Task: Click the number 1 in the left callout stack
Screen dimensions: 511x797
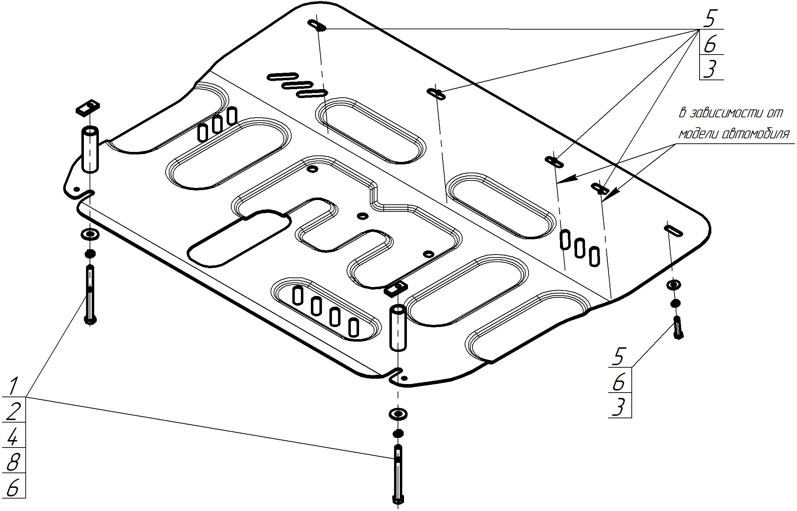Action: pos(14,386)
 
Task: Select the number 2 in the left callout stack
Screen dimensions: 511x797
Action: pos(14,411)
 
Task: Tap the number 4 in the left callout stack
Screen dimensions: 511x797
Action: pos(13,437)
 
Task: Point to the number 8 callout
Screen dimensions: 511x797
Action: pos(13,463)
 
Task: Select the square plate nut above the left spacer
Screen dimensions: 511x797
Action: pos(87,107)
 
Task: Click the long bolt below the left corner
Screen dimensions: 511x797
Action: pos(90,294)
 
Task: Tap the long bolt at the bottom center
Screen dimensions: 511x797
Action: pos(398,474)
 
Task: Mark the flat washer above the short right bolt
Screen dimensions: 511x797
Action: pos(674,285)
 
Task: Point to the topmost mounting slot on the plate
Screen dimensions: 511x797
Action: pos(317,26)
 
